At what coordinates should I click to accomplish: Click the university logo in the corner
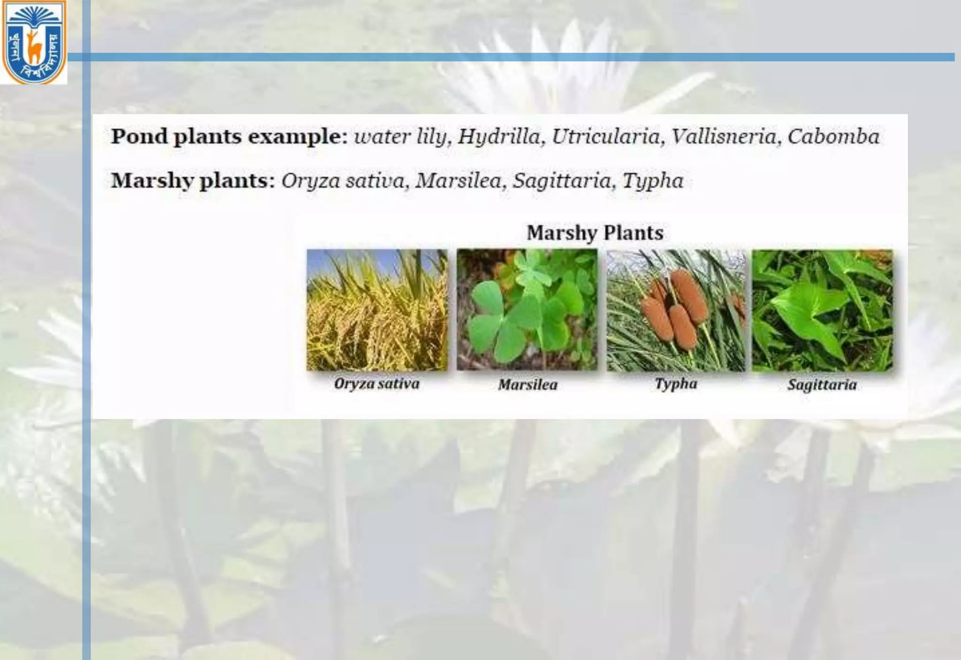tap(34, 42)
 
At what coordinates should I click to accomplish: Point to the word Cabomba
tap(833, 137)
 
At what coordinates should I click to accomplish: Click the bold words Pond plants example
tap(229, 137)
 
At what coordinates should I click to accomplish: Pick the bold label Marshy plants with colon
tap(192, 181)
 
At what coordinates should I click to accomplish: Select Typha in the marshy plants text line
tap(653, 181)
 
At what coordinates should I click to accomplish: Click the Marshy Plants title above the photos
tap(595, 233)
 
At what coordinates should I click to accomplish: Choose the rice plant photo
tap(377, 310)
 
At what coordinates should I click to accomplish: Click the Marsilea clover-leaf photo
tap(527, 310)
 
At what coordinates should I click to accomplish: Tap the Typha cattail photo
tap(676, 310)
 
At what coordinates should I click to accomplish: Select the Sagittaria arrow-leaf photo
tap(822, 310)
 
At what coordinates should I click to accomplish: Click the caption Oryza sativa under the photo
tap(377, 384)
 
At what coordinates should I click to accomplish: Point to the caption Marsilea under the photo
tap(528, 385)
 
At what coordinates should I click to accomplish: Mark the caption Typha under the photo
tap(676, 384)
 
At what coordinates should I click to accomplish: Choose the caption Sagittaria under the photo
tap(822, 385)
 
